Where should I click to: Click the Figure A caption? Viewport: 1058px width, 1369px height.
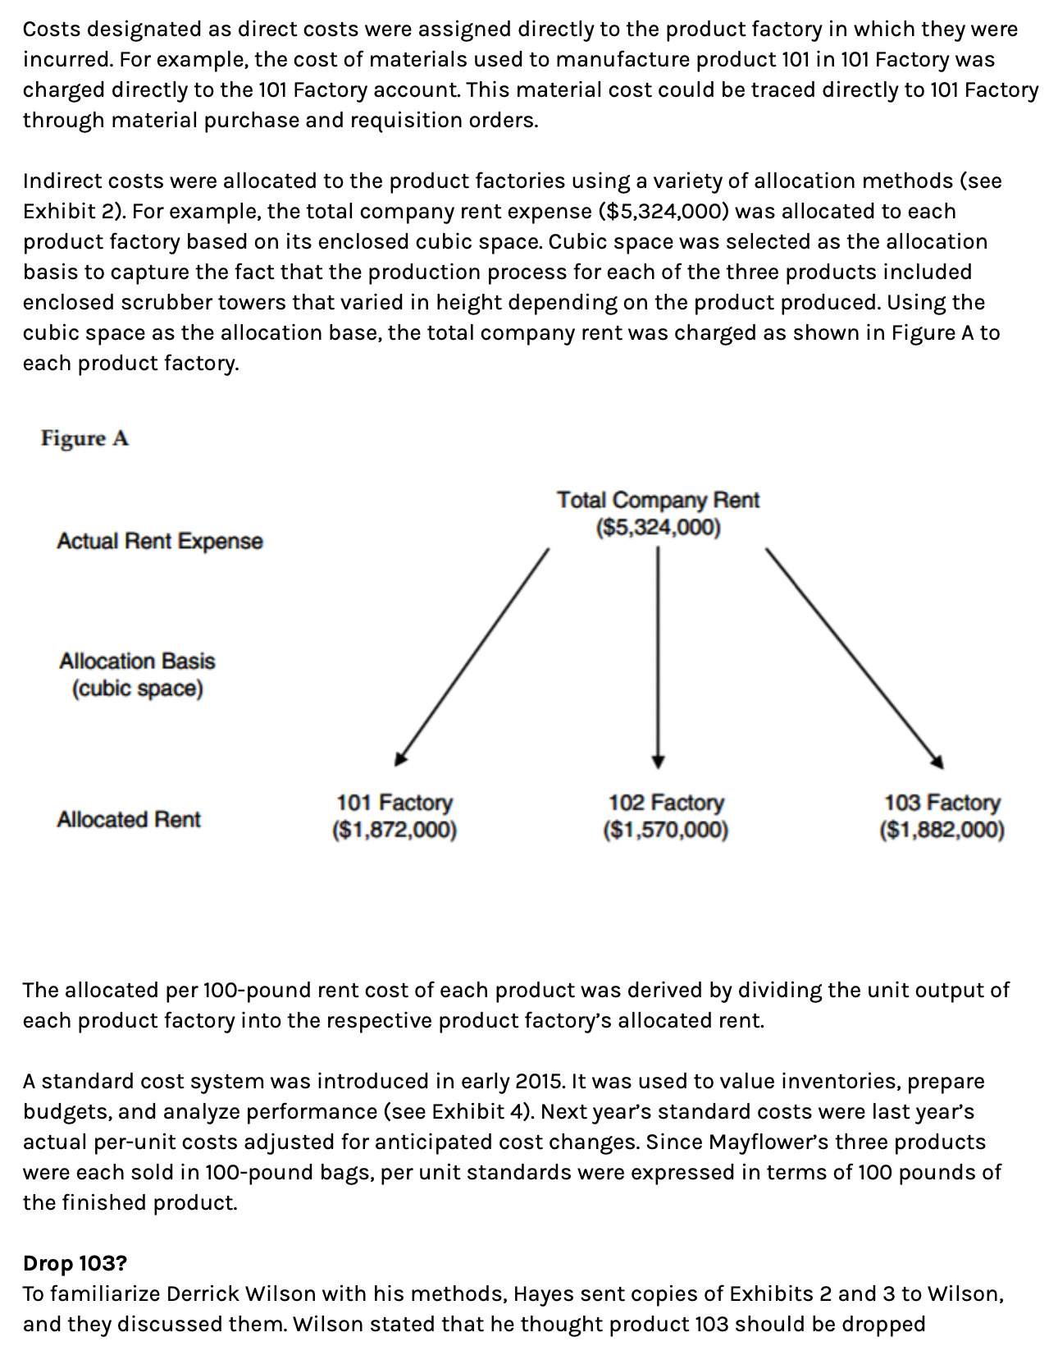point(84,438)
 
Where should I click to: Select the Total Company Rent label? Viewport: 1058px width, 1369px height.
point(658,500)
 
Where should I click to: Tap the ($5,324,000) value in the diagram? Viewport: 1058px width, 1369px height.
point(658,527)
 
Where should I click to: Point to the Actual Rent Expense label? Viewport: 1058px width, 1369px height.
point(160,541)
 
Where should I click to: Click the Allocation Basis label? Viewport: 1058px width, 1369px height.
point(137,662)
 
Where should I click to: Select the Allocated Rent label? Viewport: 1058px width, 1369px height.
point(129,819)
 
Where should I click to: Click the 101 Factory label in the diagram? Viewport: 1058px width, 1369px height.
point(394,802)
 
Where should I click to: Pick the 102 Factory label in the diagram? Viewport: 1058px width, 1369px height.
point(666,802)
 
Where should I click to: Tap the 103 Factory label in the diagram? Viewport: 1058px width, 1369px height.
point(942,802)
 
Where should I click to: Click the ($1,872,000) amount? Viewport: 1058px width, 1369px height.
point(394,831)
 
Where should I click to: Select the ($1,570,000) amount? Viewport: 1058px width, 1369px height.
point(666,831)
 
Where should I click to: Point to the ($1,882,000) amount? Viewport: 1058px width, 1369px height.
point(942,831)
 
